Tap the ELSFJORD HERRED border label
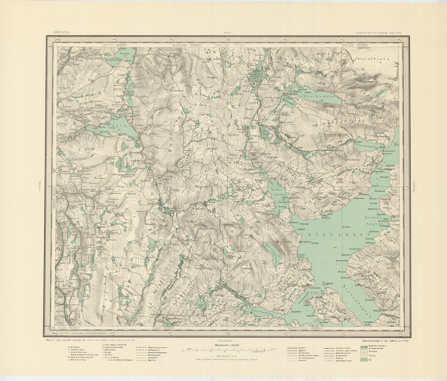click(x=187, y=45)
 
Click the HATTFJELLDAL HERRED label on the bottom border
click(x=305, y=328)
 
